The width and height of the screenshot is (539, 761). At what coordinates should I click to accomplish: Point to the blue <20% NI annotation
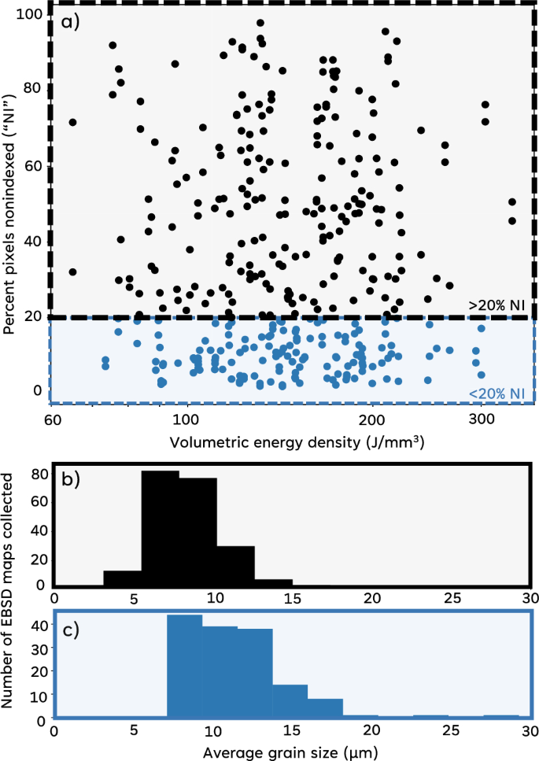(x=493, y=393)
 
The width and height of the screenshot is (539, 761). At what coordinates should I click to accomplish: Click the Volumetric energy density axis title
(x=236, y=443)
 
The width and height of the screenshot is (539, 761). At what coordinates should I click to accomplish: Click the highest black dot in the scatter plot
(x=260, y=23)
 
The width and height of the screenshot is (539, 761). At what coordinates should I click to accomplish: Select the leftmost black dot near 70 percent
(x=73, y=122)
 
